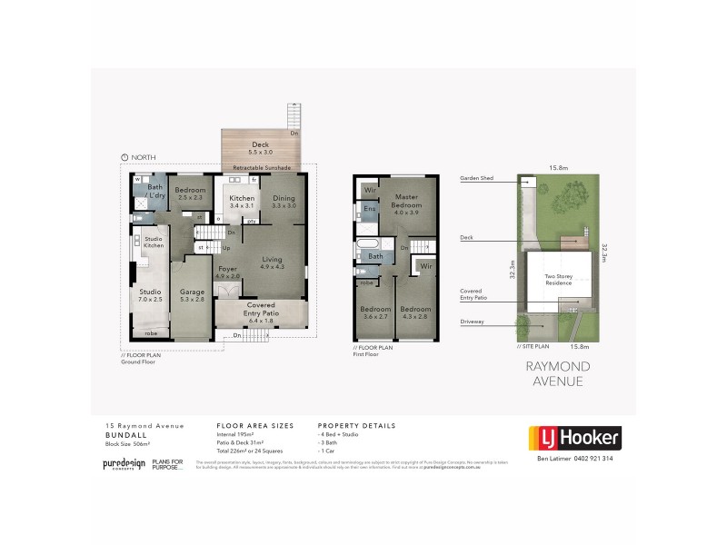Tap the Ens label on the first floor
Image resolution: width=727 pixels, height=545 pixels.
pos(370,210)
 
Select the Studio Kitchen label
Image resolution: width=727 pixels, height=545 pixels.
pos(154,243)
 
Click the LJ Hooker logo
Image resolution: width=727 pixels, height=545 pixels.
pos(574,439)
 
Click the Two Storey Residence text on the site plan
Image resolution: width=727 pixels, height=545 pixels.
pos(558,278)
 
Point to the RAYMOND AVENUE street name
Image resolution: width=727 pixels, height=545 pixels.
pos(558,373)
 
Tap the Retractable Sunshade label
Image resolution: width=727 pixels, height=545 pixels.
pos(262,168)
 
